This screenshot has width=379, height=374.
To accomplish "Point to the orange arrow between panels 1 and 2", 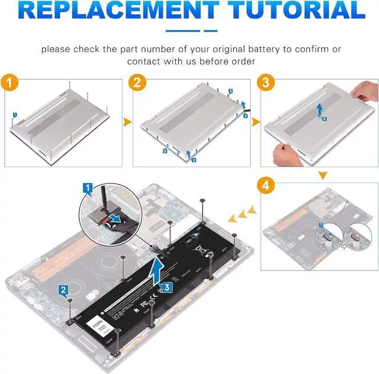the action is coord(126,122).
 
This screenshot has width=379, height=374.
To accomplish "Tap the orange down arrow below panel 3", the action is coord(323,176).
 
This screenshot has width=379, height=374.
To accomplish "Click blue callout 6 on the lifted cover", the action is coord(324,119).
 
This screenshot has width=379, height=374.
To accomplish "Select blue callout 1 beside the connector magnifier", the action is coord(88,189).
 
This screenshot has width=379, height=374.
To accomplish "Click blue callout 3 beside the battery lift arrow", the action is coord(167,287).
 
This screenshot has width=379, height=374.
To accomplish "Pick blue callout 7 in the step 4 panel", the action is coord(321,225).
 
